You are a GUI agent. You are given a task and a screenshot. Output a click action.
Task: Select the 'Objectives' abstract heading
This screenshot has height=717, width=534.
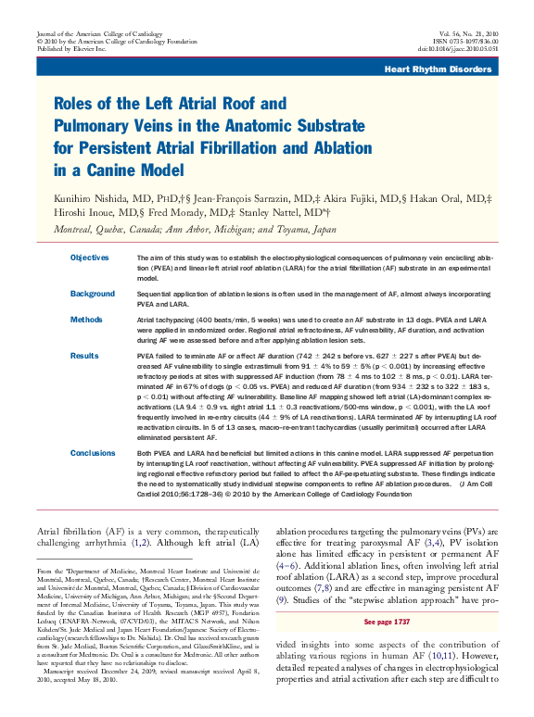[x=90, y=257]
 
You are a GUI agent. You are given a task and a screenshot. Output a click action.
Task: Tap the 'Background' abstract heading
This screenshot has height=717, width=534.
[x=92, y=294]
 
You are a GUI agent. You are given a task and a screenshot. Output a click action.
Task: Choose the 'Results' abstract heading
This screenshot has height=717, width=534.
[x=84, y=355]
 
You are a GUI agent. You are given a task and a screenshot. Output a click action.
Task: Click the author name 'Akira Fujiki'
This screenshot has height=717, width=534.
[x=360, y=199]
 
